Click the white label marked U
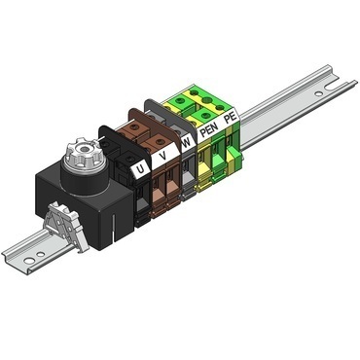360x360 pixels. point(142,168)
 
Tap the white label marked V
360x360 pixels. point(162,155)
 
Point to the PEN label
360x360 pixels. point(207,128)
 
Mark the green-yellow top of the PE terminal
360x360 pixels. point(216,97)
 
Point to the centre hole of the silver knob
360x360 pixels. point(80,152)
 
